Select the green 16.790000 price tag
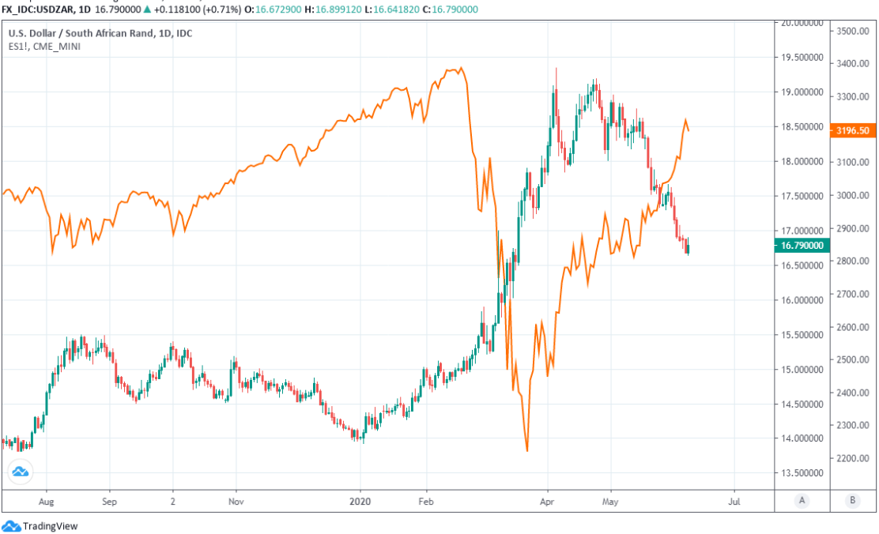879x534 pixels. (x=802, y=246)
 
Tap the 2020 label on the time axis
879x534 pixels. (x=360, y=501)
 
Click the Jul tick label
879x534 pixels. (x=734, y=501)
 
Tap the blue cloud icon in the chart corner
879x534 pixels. (x=21, y=472)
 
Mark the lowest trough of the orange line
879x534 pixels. (x=526, y=451)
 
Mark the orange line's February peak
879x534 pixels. (x=461, y=68)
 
